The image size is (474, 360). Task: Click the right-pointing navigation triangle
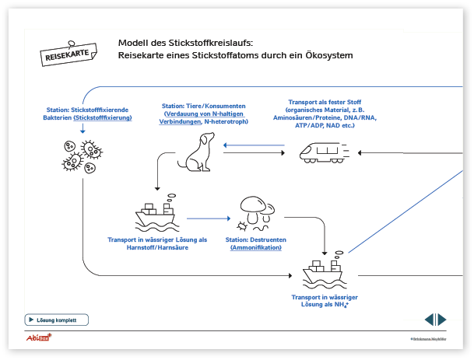[x=442, y=320]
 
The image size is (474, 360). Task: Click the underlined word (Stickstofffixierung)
[x=103, y=117]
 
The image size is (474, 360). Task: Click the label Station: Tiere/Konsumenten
[x=204, y=106]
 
